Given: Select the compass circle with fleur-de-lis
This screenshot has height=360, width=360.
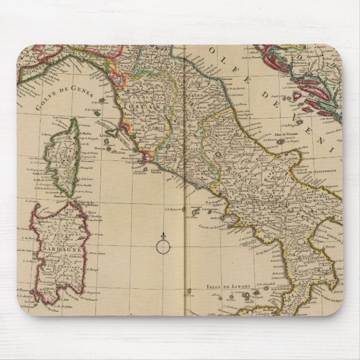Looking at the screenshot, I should pos(162,244).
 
